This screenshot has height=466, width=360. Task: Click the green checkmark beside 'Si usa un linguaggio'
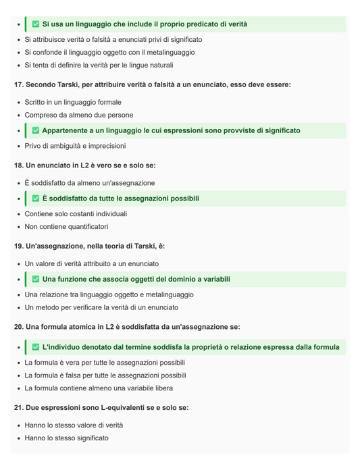click(x=36, y=24)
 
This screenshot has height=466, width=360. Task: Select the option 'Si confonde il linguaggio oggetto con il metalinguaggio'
click(x=109, y=52)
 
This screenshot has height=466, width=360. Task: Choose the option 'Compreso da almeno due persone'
click(x=79, y=115)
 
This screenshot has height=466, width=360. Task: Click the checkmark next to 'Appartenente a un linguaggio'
click(x=36, y=130)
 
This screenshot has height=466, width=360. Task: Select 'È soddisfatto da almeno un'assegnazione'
click(x=90, y=183)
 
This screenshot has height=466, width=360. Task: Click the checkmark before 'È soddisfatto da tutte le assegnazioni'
click(x=36, y=199)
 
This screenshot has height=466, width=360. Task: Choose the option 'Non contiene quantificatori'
click(x=66, y=227)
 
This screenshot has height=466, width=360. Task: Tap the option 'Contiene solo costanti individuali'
click(x=76, y=213)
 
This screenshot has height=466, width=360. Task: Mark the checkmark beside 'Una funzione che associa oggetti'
click(x=36, y=279)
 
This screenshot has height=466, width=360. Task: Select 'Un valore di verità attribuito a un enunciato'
click(x=92, y=263)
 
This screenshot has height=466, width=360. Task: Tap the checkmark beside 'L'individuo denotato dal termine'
click(x=36, y=347)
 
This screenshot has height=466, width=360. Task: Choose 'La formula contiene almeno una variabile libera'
click(x=99, y=388)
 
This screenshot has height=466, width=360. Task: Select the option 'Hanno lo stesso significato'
click(x=66, y=438)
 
